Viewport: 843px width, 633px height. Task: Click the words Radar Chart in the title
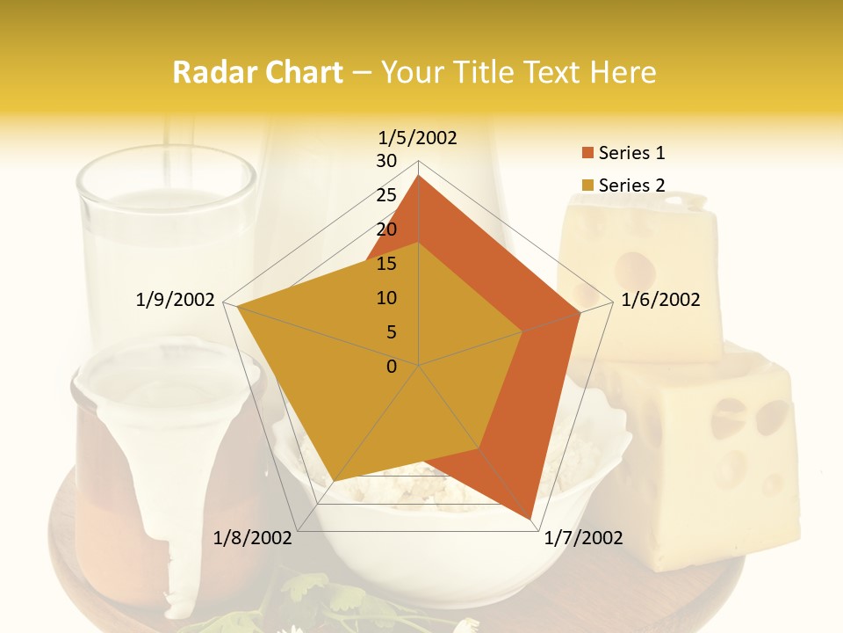tap(257, 72)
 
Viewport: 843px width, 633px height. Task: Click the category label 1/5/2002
tap(418, 137)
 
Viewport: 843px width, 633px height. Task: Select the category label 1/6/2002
tap(660, 300)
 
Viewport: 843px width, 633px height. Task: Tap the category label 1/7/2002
tap(583, 538)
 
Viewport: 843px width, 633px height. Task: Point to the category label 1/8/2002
tap(253, 538)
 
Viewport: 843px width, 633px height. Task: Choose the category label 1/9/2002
tap(176, 300)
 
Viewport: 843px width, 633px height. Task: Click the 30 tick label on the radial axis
tap(386, 161)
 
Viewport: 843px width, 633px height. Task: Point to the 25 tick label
tap(386, 195)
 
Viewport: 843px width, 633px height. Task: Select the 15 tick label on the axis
tap(386, 264)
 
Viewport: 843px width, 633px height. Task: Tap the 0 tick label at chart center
tap(392, 367)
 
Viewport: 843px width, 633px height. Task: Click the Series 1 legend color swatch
tap(587, 153)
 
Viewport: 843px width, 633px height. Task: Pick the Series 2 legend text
tap(631, 186)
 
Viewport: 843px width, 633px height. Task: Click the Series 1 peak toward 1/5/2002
tap(419, 176)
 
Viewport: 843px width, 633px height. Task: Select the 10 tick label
tap(386, 298)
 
